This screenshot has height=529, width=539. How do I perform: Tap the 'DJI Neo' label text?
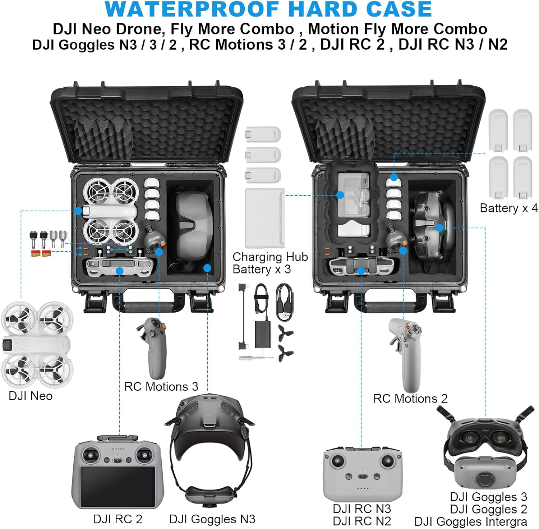(31, 396)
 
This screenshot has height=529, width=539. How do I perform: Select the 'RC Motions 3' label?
(161, 387)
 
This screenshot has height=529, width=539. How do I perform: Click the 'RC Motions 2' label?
(410, 399)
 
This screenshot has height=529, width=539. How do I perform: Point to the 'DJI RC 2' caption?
(118, 519)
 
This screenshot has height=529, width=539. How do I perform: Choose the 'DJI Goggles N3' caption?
(212, 519)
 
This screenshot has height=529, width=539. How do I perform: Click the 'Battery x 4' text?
(508, 208)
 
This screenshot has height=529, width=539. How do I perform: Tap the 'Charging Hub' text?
(270, 257)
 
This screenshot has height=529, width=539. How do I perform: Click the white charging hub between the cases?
(264, 217)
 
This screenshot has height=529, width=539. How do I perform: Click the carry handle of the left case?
(149, 307)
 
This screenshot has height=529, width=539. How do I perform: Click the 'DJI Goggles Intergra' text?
(470, 521)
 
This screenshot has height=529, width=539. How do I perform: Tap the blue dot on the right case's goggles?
(439, 227)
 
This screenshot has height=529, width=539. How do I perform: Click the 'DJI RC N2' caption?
(361, 521)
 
